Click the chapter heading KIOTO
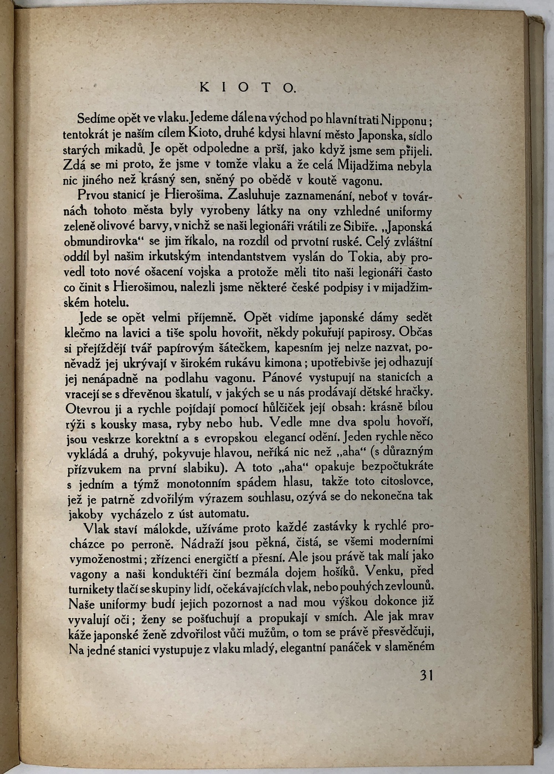[x=248, y=87]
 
